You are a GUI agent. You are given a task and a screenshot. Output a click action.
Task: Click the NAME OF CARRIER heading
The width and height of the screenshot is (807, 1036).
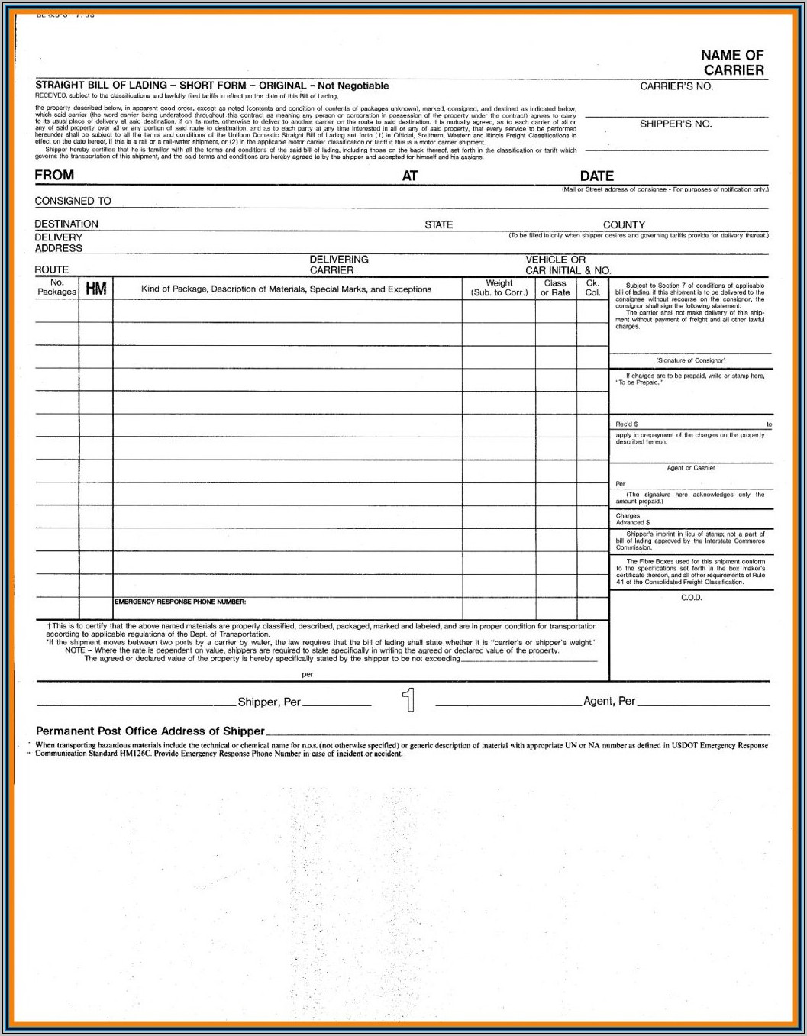tap(732, 63)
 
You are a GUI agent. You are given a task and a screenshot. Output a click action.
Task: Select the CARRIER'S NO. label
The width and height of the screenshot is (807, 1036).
tap(676, 86)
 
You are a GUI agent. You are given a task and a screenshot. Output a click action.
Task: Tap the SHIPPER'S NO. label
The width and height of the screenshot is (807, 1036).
tap(676, 124)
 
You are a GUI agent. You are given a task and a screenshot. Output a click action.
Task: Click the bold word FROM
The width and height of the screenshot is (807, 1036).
tap(54, 175)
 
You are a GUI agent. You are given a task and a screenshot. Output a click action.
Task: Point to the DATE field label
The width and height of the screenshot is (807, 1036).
tap(596, 176)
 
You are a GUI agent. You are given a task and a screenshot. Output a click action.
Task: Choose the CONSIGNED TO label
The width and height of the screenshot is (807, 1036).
tap(73, 201)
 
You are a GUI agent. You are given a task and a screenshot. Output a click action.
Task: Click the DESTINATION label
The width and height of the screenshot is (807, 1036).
tap(66, 224)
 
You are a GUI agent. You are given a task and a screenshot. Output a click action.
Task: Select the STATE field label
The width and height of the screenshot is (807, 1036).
tap(438, 224)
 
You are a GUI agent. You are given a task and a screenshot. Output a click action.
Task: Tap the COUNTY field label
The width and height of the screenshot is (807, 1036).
tap(624, 224)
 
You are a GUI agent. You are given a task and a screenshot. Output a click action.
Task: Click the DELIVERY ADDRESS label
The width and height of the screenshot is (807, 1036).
tap(59, 243)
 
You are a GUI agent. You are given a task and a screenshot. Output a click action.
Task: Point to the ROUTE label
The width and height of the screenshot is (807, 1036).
tap(51, 269)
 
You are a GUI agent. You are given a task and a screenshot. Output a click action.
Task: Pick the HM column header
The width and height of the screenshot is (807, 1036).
tap(96, 288)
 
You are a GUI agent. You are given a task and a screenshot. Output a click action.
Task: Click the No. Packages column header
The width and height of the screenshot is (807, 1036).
tap(57, 287)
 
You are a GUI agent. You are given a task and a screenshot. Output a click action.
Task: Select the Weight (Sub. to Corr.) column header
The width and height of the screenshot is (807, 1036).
tap(499, 288)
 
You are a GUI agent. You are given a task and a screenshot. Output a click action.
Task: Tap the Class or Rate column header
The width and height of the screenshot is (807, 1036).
tap(555, 288)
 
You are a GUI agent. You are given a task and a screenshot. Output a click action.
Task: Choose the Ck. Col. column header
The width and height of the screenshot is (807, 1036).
tap(592, 288)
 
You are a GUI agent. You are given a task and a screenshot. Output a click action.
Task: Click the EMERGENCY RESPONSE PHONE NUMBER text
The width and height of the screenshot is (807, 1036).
tap(180, 602)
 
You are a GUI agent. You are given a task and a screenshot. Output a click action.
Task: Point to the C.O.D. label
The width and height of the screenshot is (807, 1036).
tap(691, 598)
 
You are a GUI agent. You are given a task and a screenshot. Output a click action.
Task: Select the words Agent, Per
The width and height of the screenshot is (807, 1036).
tap(608, 701)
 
